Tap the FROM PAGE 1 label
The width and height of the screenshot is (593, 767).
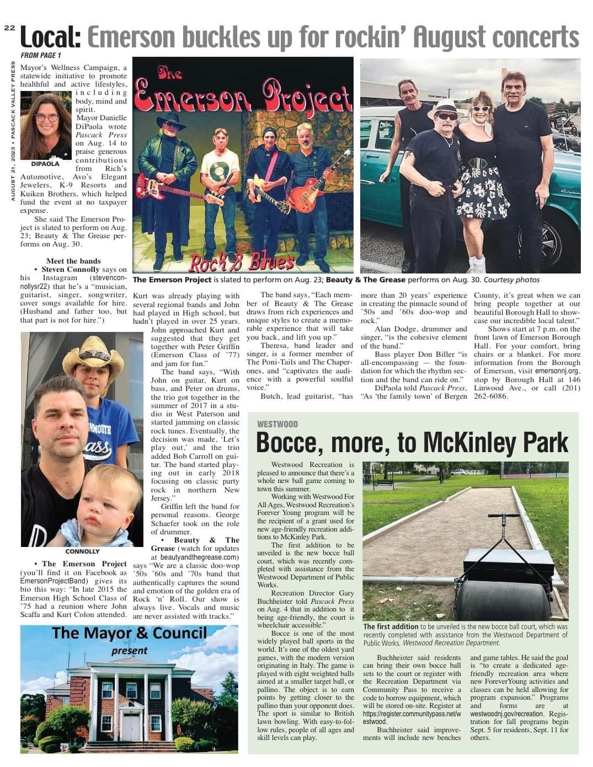click(41, 56)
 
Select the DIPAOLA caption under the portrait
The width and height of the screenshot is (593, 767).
click(45, 164)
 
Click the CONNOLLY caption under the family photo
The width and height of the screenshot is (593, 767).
click(82, 551)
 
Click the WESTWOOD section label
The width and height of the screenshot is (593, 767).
click(277, 424)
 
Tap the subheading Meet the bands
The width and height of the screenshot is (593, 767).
click(73, 261)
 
